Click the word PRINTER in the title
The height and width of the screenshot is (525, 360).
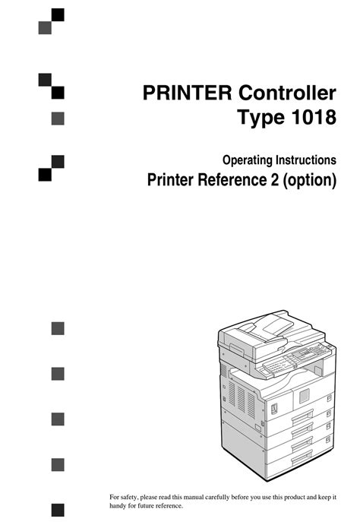(187, 93)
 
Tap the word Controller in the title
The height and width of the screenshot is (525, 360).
(287, 93)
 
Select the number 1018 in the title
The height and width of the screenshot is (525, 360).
(314, 117)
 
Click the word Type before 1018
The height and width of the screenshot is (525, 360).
(261, 119)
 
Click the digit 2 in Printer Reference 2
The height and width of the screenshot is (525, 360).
(275, 179)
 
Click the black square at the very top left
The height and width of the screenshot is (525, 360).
(58, 15)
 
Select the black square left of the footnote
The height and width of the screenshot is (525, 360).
(58, 510)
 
